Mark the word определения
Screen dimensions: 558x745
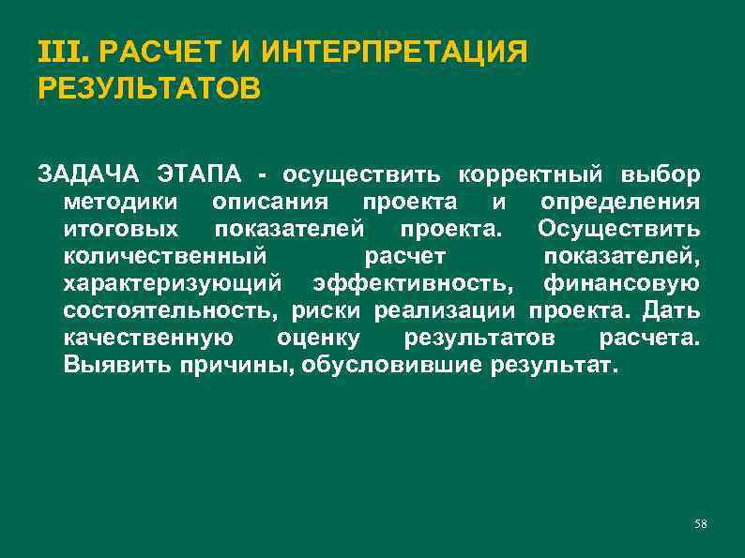(620, 203)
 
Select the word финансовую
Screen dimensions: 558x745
(621, 283)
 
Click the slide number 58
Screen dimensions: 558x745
(701, 522)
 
